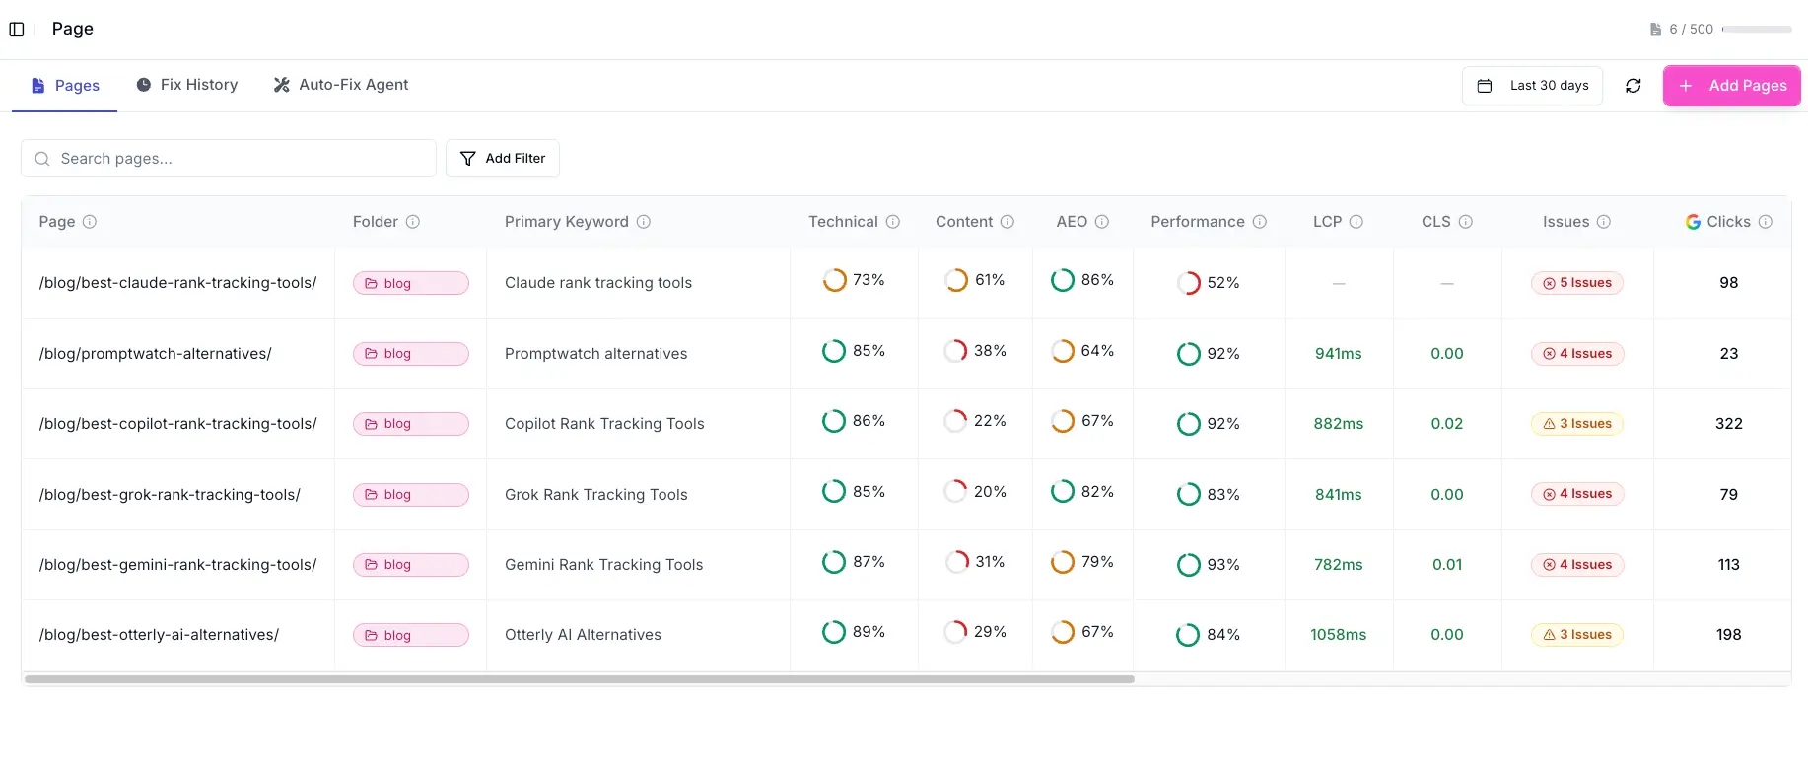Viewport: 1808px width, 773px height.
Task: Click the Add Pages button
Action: point(1731,86)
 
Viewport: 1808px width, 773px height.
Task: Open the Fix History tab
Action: point(187,85)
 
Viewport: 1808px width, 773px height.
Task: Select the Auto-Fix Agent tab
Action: point(341,85)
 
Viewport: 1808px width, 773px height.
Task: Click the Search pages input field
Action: point(237,159)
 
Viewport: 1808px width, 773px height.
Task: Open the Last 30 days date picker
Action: point(1532,86)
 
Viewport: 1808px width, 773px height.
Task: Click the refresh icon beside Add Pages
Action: point(1633,86)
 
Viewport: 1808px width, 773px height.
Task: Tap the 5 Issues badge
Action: point(1576,283)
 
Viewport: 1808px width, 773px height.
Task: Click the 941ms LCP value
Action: point(1338,354)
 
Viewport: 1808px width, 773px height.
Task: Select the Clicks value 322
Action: point(1728,424)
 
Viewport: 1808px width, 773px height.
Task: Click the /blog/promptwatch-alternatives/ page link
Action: point(155,354)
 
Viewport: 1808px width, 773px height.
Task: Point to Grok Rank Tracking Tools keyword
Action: point(595,495)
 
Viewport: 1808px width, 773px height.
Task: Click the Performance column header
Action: point(1197,222)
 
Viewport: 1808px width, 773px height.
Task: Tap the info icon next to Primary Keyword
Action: point(644,222)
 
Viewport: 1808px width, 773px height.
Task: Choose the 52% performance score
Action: point(1209,283)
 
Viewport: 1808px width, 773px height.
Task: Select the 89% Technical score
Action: point(854,632)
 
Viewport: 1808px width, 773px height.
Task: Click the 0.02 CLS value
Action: point(1446,424)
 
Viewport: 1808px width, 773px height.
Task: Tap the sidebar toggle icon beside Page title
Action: point(17,30)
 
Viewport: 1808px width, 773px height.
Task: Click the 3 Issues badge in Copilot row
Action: point(1576,424)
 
